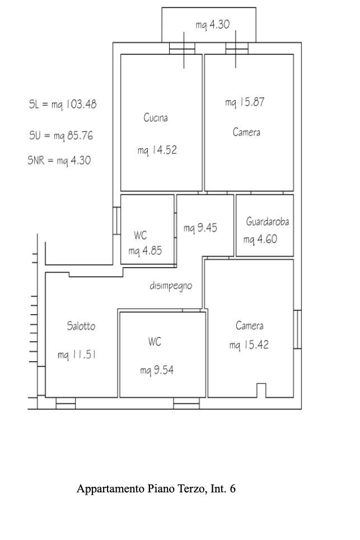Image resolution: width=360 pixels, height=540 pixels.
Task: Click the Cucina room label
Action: point(156,118)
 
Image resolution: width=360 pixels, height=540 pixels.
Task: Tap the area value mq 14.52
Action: point(157,150)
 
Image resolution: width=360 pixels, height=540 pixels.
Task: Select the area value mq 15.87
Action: point(245,102)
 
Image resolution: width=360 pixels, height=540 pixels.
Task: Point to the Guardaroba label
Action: point(268,221)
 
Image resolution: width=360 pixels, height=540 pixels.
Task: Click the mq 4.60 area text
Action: point(260,239)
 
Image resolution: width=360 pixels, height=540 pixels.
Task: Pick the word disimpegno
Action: point(171,286)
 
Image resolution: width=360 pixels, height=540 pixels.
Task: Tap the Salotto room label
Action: point(81,326)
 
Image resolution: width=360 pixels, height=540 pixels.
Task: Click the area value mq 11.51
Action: point(77,355)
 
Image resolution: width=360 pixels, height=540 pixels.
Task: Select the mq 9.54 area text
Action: point(157,370)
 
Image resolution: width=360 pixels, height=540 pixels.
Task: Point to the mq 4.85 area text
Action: point(145,251)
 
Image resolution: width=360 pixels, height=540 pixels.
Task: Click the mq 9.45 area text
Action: point(200,227)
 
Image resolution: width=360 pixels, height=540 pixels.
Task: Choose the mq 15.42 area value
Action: point(249,345)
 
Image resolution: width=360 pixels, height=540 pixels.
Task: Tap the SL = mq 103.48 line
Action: point(63,104)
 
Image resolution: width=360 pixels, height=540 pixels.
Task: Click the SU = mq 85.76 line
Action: point(61,136)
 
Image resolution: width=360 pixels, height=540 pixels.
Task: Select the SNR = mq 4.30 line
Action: point(59,160)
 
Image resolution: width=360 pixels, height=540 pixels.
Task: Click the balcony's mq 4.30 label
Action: point(212,25)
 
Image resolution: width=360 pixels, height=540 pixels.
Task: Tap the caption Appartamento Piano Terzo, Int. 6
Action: point(156,488)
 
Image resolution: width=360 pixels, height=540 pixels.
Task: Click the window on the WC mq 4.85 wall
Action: point(116,221)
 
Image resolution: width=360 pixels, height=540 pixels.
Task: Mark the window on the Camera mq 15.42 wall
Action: point(297,329)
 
